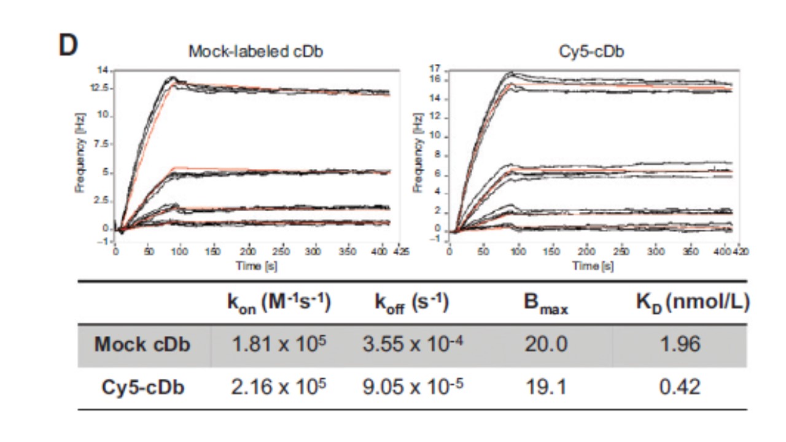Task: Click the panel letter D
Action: [x=68, y=46]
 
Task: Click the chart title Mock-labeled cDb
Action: [x=255, y=52]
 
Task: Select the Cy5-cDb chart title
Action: [x=591, y=52]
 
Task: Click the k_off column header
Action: [x=412, y=304]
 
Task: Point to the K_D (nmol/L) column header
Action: [x=692, y=304]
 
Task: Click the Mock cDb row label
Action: [x=142, y=345]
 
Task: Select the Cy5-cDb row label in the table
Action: [x=143, y=387]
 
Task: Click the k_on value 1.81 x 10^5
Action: [x=279, y=344]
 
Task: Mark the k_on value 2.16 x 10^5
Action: [x=279, y=387]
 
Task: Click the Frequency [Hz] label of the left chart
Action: [x=80, y=152]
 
